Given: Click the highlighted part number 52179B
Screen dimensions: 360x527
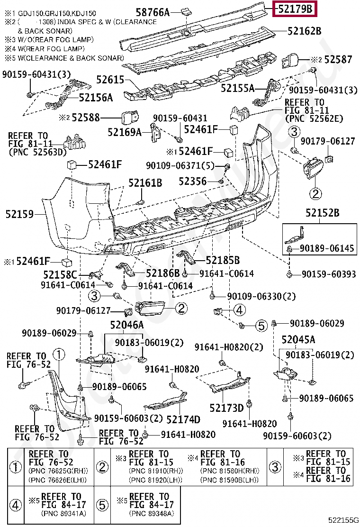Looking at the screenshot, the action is (x=295, y=9).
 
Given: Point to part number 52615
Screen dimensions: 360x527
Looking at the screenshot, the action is (x=110, y=80).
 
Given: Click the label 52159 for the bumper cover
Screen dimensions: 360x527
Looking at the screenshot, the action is (x=19, y=214).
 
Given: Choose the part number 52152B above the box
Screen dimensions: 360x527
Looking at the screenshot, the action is (x=322, y=214).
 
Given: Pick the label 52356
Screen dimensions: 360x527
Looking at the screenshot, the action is (x=193, y=181).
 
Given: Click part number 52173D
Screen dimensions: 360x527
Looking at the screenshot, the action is (x=226, y=408).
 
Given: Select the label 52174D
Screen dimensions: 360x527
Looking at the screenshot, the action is (x=183, y=419).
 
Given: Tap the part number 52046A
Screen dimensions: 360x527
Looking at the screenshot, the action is (x=126, y=325).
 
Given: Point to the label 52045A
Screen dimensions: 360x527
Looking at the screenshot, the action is (x=298, y=339).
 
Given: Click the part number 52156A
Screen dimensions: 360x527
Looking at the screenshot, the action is (x=96, y=98).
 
